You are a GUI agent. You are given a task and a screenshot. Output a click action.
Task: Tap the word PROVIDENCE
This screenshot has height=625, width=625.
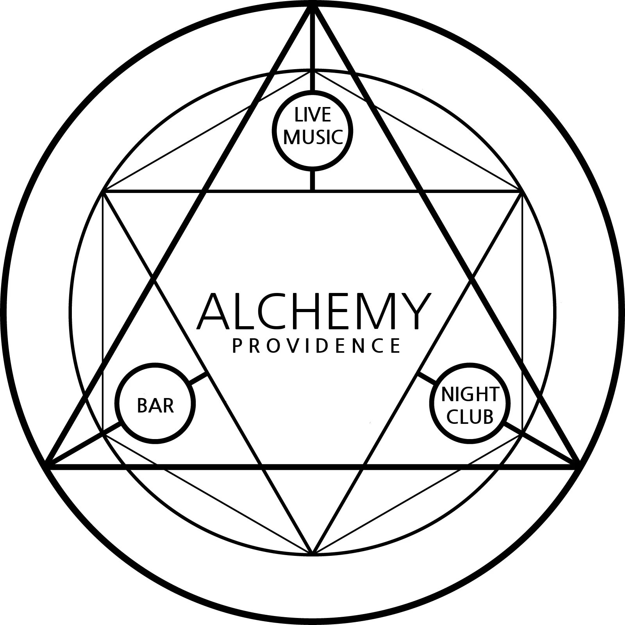[x=316, y=346]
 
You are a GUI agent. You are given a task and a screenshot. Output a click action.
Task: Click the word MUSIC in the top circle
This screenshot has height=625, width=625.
[x=313, y=137]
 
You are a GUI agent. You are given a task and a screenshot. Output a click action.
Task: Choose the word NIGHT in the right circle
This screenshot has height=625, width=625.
[x=470, y=395]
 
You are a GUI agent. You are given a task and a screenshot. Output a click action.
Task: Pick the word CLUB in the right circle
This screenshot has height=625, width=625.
[x=470, y=417]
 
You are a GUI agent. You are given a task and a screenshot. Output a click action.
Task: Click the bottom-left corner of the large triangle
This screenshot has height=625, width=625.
[x=48, y=465]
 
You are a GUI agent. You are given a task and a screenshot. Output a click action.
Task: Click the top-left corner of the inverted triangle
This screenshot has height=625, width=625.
[x=105, y=192]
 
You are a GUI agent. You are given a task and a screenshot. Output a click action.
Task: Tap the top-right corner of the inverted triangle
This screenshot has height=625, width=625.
[x=520, y=192]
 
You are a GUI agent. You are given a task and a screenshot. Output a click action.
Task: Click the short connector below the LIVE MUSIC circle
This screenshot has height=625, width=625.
[x=313, y=180]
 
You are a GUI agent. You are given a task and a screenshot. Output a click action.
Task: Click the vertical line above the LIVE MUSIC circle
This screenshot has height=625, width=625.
[x=313, y=51]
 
